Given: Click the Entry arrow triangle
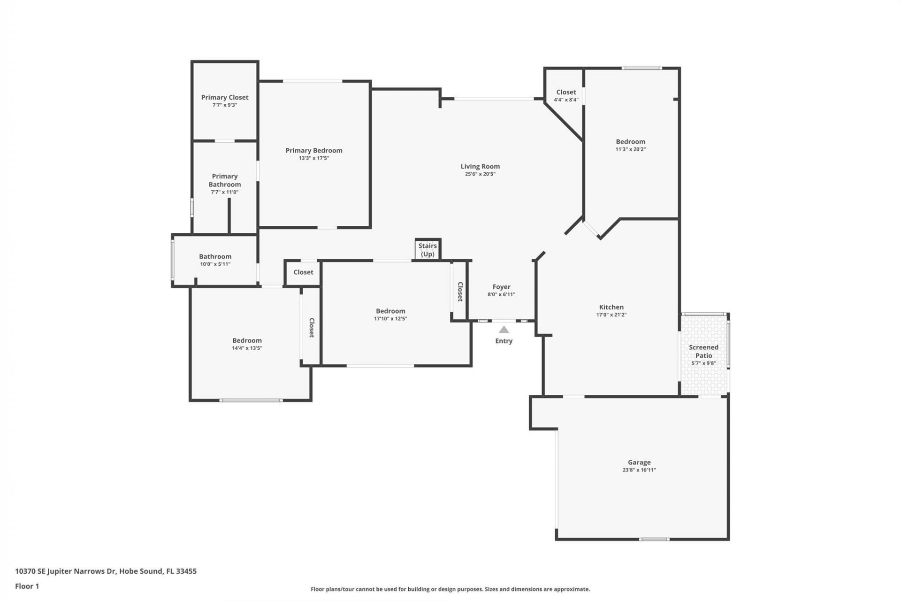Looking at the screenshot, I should click(504, 330).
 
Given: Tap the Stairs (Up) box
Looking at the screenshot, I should click(428, 250).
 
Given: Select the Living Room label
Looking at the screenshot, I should click(480, 166).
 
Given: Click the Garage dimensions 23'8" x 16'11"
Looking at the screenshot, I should click(639, 470).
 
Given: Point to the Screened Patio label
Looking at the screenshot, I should click(703, 351).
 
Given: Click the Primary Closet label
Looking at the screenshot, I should click(225, 97).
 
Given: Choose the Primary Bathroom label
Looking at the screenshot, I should click(225, 180).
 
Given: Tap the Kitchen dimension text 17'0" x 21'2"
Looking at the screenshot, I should click(611, 315).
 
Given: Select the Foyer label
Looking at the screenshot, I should click(501, 286).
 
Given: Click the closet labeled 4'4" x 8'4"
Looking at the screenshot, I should click(566, 92).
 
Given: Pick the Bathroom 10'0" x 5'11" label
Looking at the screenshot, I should click(215, 256).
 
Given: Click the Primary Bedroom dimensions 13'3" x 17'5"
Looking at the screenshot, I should click(314, 158).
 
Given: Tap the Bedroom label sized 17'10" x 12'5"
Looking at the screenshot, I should click(390, 311).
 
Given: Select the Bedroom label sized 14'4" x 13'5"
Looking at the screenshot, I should click(247, 340).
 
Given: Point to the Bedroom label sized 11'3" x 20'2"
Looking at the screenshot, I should click(630, 141).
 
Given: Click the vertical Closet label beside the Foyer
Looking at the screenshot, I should click(460, 292).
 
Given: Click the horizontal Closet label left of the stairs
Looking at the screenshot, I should click(303, 272).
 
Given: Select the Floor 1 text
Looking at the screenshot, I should click(27, 586).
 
